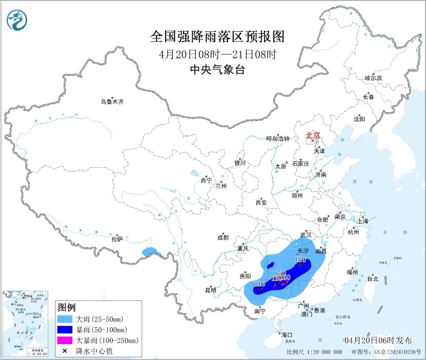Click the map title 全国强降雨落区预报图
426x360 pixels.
coord(217,37)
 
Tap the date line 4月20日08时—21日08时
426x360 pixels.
coord(218,54)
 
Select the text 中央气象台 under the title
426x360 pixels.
coord(217,70)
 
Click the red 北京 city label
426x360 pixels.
coord(313,136)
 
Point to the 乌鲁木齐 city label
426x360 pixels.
coord(112,102)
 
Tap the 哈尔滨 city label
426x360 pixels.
coord(373,78)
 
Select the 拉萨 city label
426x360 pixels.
coord(117,238)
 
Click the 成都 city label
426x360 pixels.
coord(223,237)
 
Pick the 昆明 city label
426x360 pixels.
coord(210,290)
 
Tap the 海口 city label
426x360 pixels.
coord(287,335)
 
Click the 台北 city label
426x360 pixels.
coord(373,279)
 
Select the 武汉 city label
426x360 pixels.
coord(306,234)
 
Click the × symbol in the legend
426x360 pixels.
coord(66,351)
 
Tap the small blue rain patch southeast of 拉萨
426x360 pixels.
coord(150,252)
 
